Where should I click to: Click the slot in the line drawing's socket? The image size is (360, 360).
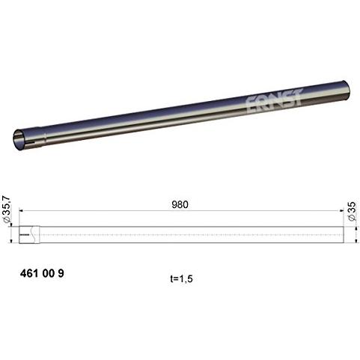coord(28,234)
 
